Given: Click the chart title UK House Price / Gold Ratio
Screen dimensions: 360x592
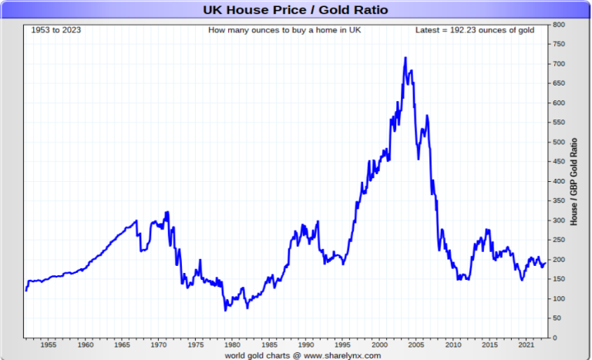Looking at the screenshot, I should (x=295, y=10).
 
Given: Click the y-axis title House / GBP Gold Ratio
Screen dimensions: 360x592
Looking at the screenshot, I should (x=573, y=181).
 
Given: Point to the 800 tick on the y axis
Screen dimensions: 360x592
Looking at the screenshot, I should (x=560, y=25).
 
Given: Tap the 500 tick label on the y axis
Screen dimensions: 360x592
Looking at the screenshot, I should (x=560, y=142).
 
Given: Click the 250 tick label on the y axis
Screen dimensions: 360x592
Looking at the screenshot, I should (x=560, y=240).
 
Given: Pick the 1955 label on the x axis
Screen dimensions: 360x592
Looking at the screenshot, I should (x=48, y=345).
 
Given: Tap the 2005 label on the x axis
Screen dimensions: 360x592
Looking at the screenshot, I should (x=416, y=345).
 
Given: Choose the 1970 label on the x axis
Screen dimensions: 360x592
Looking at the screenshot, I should (x=159, y=345).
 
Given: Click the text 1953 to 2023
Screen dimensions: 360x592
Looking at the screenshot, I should (x=56, y=30).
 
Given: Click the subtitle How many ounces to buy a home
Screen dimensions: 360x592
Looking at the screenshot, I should (x=284, y=30).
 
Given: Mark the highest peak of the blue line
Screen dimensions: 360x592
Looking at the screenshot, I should (x=405, y=57).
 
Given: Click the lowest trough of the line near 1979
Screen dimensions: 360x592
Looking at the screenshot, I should (x=226, y=310).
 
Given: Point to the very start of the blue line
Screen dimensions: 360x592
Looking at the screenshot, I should (x=26, y=291).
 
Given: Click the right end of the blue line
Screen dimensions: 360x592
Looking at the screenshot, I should (x=545, y=263).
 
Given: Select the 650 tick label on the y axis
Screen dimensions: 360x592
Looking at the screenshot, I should (x=560, y=83).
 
